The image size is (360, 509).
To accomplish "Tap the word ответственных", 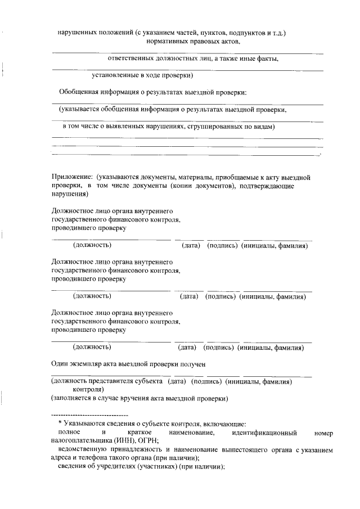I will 130,58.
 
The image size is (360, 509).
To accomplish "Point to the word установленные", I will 116,75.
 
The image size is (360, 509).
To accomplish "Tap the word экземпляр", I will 84,364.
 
